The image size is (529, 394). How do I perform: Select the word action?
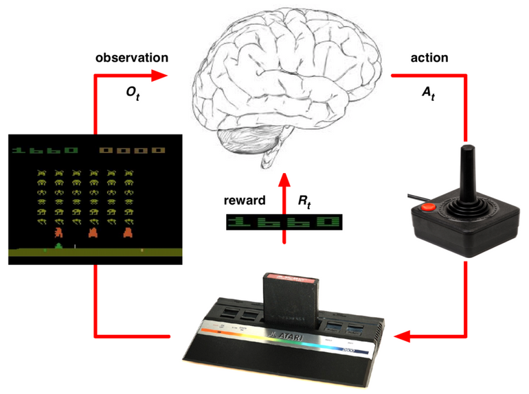pos(429,58)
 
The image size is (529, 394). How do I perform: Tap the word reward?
pos(244,201)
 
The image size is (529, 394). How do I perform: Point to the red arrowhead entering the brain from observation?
pos(159,75)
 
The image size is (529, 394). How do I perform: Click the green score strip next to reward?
pos(284,221)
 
